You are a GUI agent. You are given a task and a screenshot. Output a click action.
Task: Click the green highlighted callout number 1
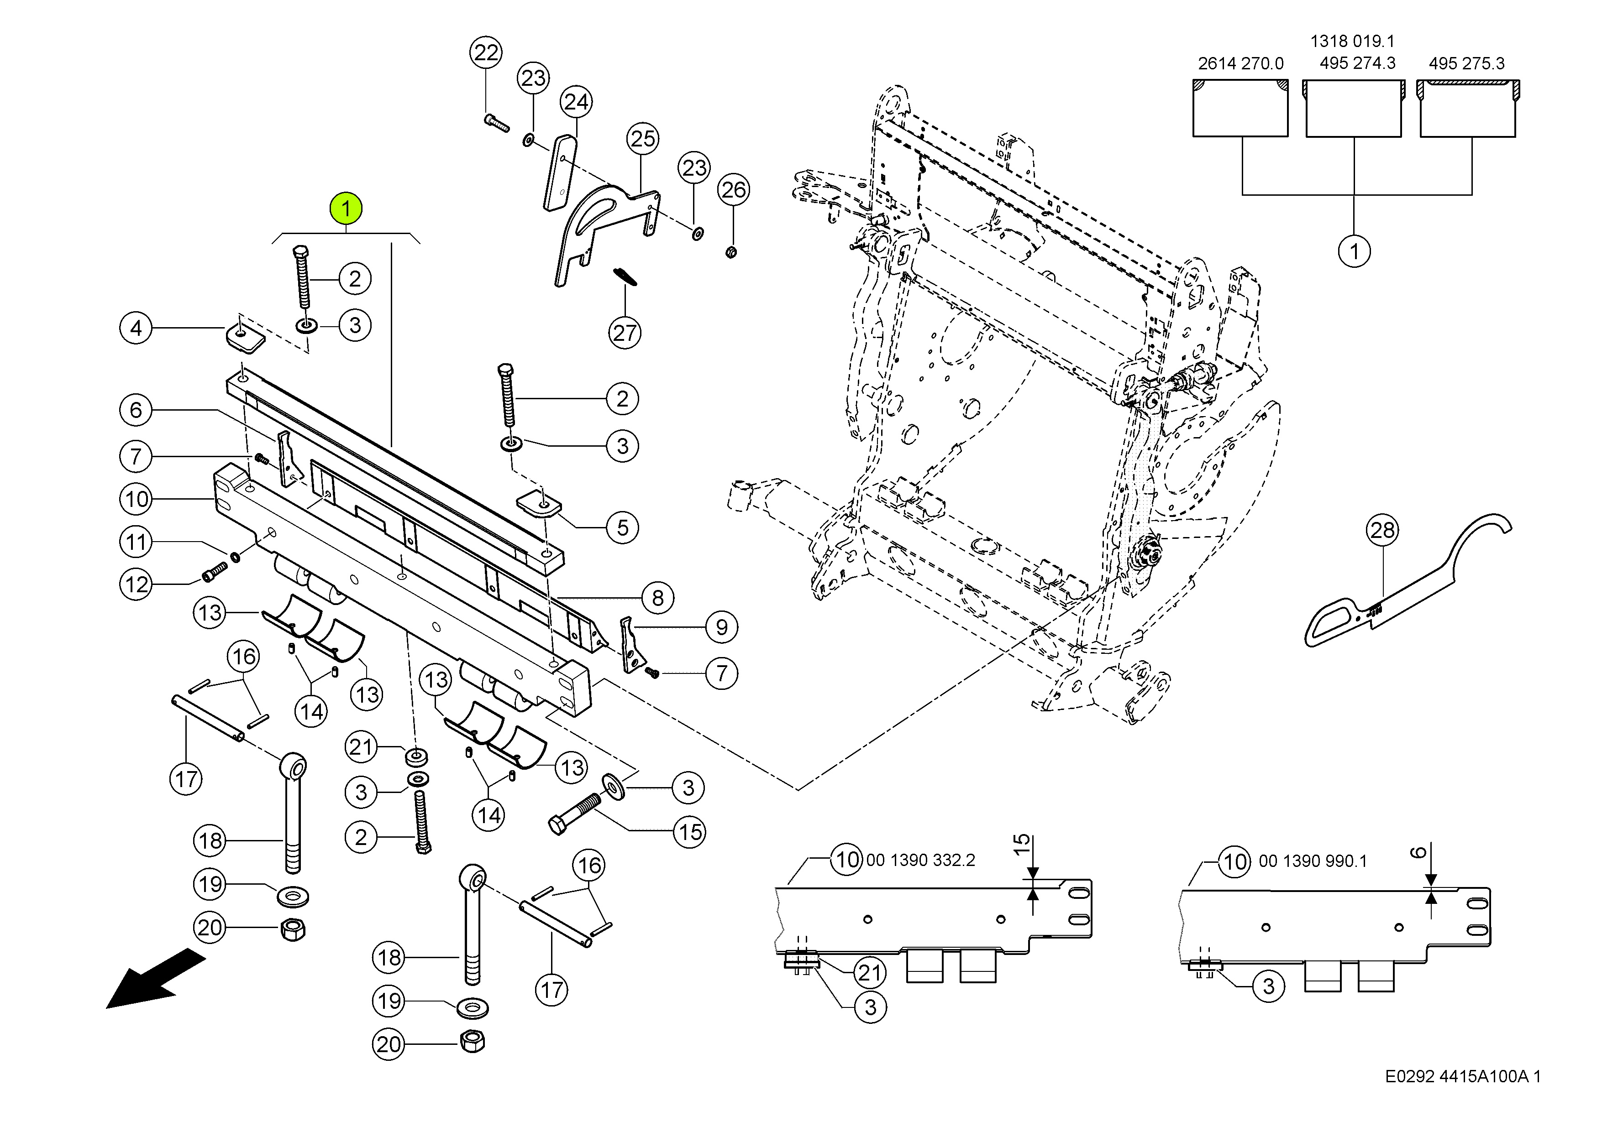click(346, 208)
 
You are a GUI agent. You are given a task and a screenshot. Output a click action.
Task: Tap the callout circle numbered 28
click(1382, 530)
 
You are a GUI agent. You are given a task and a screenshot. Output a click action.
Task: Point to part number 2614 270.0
click(1240, 63)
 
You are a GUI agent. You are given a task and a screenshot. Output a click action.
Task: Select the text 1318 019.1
click(1352, 41)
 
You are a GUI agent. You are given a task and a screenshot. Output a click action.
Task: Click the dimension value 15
click(1021, 844)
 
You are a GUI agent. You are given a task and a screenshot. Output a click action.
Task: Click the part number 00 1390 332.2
click(920, 860)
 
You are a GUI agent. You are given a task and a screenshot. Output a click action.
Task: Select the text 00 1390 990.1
click(1313, 861)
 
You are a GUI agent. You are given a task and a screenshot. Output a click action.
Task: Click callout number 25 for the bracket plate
click(643, 139)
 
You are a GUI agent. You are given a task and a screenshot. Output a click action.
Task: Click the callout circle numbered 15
click(690, 832)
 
